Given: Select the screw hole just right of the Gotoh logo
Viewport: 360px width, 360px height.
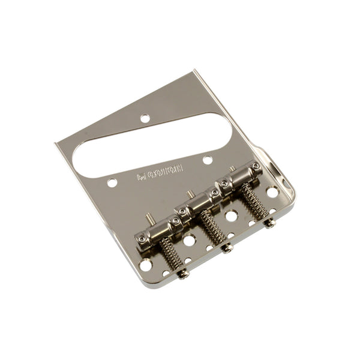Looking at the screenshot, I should (x=207, y=160).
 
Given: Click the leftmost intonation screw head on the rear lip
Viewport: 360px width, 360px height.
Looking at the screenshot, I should (x=182, y=274).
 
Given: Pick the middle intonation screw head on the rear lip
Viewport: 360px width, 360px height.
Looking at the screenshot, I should (x=227, y=248).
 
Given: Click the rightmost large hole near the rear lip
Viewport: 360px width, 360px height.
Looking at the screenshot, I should (x=272, y=193).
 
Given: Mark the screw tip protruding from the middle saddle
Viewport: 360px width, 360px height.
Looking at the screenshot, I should (x=189, y=194).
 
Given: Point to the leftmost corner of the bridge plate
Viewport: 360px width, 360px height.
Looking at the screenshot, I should (x=56, y=143).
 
